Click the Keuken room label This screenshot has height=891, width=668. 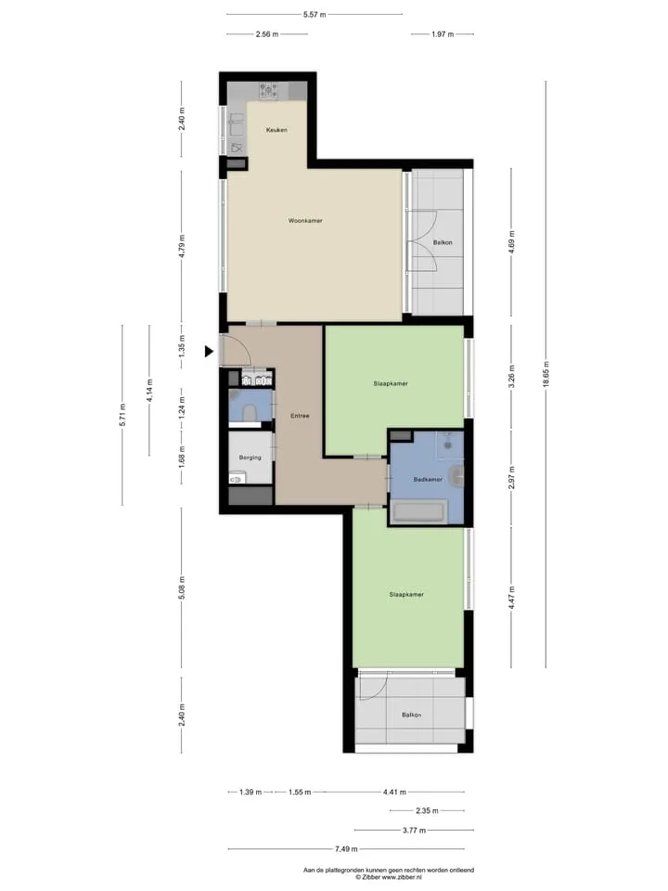point(276,130)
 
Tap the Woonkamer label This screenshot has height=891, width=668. point(305,221)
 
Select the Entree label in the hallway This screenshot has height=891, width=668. point(300,416)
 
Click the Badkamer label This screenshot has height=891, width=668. point(428,480)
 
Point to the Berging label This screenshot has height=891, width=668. point(250,458)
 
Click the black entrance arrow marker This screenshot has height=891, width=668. point(209,352)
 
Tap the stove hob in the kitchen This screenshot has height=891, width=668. point(269,90)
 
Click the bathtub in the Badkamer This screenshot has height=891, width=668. point(418,512)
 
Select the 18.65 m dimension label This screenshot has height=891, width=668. point(546,374)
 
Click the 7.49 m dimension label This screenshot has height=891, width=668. point(346,849)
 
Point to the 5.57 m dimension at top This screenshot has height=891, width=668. point(315,14)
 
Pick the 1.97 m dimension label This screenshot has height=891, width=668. point(443,34)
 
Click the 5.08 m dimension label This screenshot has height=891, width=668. point(182,588)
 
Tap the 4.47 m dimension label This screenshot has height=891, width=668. point(512,598)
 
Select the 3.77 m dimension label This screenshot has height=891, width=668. point(414,830)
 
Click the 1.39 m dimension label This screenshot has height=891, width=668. point(250,792)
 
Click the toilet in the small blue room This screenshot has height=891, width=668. point(249,412)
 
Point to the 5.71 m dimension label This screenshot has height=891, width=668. point(122,415)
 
